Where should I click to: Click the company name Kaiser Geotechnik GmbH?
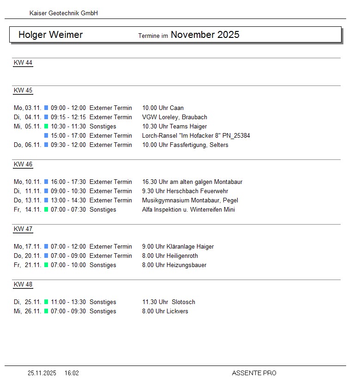click(x=64, y=13)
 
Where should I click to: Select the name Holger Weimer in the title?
click(x=50, y=35)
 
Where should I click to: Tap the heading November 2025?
click(x=205, y=35)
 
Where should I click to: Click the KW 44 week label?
click(x=23, y=63)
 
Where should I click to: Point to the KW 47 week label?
click(x=23, y=229)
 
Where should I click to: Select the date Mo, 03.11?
click(x=28, y=108)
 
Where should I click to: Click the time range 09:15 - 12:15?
click(x=68, y=117)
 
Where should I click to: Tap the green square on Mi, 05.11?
click(x=46, y=127)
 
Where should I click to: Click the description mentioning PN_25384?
click(x=196, y=136)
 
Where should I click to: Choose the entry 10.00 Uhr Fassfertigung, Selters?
click(x=185, y=145)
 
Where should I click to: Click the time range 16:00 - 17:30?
click(x=68, y=182)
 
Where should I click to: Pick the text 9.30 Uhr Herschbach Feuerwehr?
click(x=185, y=191)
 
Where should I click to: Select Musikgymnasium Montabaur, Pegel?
click(x=190, y=201)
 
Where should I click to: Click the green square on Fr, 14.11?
click(x=46, y=210)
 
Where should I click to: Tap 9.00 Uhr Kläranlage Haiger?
click(x=178, y=247)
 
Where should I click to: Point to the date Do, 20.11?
click(x=28, y=256)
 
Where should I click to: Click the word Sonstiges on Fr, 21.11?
click(x=103, y=265)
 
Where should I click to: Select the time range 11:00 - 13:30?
click(x=68, y=302)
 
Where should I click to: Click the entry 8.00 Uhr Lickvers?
click(x=165, y=311)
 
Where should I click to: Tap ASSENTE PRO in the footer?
click(x=254, y=373)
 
